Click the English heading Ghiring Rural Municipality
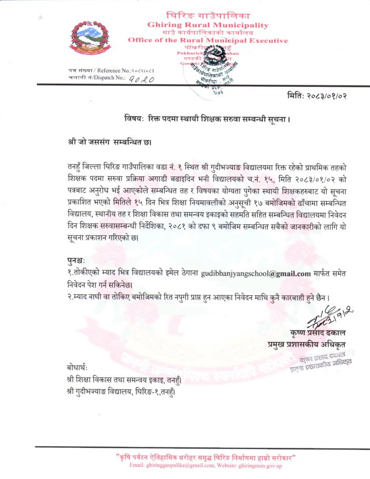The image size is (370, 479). [208, 25]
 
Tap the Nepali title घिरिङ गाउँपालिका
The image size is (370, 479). [208, 15]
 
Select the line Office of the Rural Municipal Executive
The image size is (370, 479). [208, 40]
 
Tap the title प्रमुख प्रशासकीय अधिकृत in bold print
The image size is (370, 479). [308, 345]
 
